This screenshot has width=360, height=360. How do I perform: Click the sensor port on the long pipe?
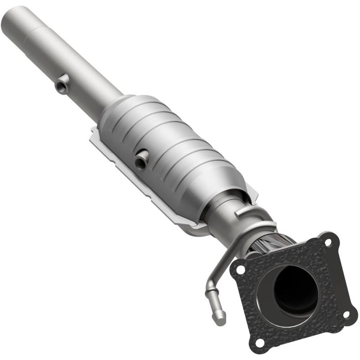pos(63,84)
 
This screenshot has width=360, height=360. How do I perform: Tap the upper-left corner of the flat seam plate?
pos(94,131)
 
